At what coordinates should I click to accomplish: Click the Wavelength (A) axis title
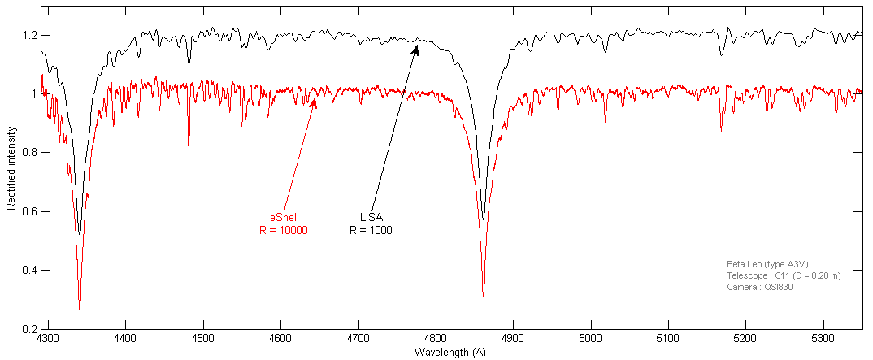pyautogui.click(x=450, y=352)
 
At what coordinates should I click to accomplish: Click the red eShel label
pyautogui.click(x=283, y=217)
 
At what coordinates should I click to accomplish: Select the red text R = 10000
pyautogui.click(x=283, y=230)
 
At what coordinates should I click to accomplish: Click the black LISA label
pyautogui.click(x=371, y=217)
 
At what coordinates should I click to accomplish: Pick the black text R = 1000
pyautogui.click(x=371, y=230)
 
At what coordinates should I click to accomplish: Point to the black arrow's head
pyautogui.click(x=417, y=46)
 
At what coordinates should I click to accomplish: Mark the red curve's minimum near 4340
pyautogui.click(x=79, y=309)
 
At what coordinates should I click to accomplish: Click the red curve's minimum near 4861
pyautogui.click(x=483, y=295)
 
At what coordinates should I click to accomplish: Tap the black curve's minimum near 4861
pyautogui.click(x=483, y=219)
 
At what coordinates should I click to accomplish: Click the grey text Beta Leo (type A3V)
pyautogui.click(x=767, y=264)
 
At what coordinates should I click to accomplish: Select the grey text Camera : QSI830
pyautogui.click(x=759, y=287)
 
